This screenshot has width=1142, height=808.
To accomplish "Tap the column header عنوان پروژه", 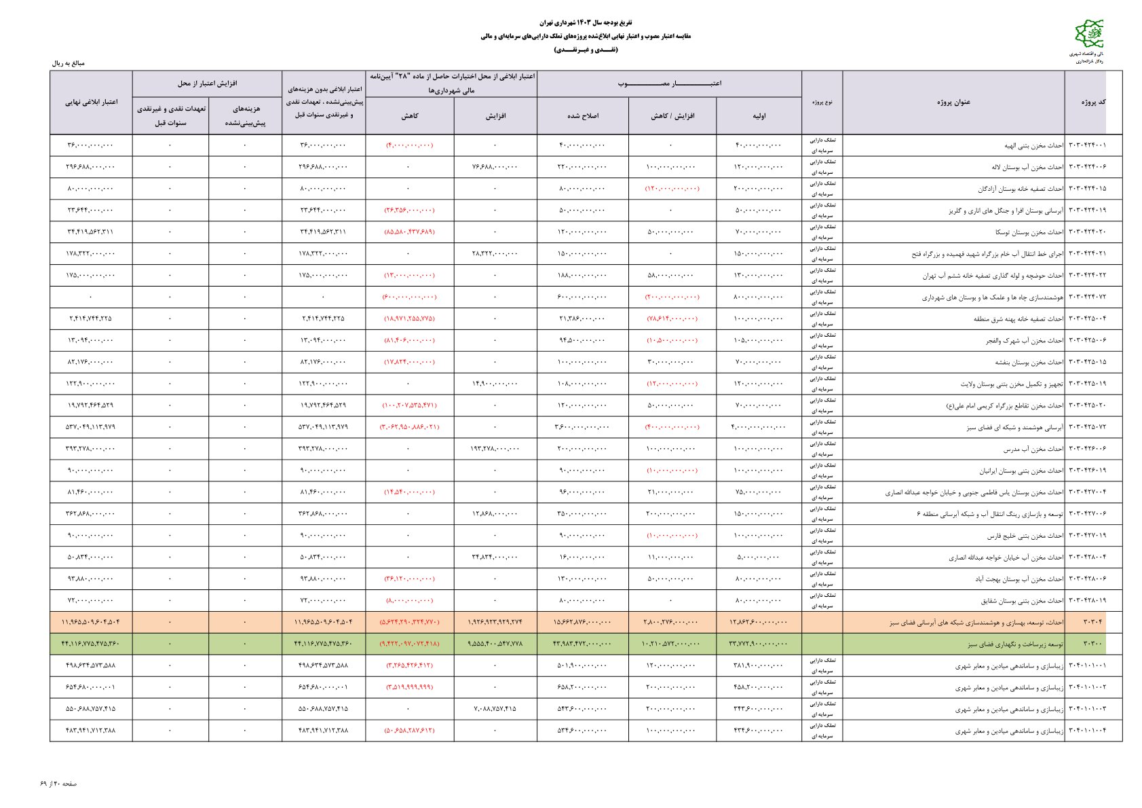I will pos(953,102).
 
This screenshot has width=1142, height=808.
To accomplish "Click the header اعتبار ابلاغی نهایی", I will pos(91,102).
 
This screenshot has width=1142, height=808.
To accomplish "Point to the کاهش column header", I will pos(410,116).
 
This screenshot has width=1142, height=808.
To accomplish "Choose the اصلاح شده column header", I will pos(583,116).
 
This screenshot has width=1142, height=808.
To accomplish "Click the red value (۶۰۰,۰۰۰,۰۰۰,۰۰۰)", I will pos(410,297).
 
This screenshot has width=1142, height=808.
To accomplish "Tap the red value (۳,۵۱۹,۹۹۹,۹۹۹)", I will pos(410,687).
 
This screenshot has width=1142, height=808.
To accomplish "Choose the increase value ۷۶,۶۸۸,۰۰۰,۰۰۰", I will pos(495,167).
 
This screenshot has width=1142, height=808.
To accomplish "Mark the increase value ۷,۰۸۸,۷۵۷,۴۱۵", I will pos(495,709).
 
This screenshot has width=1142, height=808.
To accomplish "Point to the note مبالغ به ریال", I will pos(69,63).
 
